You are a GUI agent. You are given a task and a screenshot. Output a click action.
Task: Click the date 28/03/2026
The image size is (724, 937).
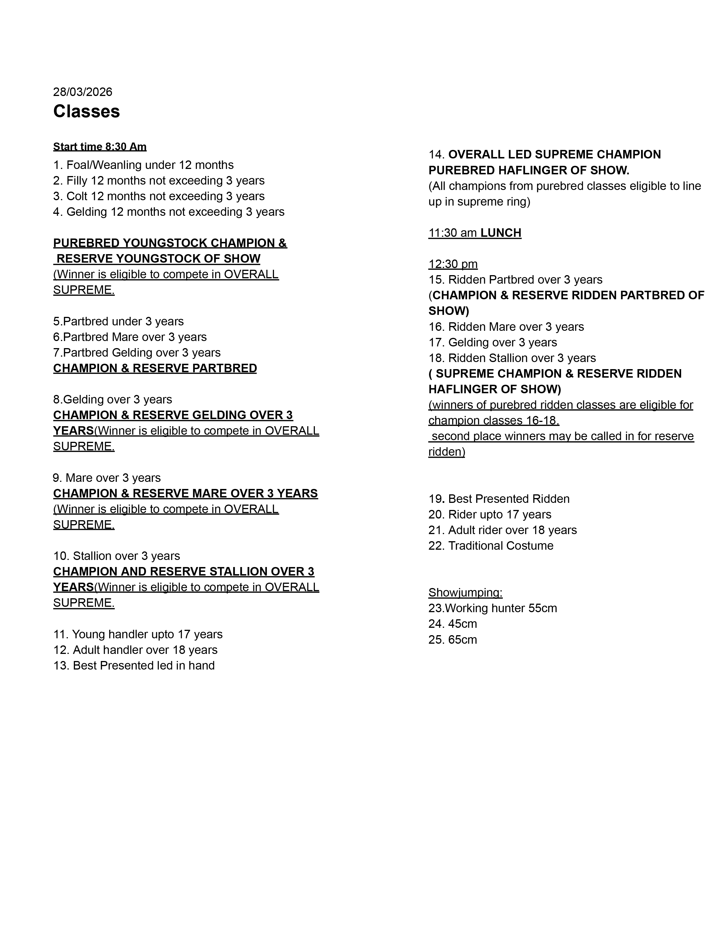pos(83,92)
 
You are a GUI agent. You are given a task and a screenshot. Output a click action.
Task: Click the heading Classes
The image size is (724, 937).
pos(86,112)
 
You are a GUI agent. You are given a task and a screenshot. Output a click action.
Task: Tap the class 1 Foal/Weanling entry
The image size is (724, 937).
pos(143,165)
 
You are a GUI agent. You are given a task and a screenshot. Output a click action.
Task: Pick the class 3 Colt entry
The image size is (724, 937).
pos(159,196)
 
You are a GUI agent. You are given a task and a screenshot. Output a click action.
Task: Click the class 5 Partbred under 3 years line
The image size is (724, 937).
pos(118,321)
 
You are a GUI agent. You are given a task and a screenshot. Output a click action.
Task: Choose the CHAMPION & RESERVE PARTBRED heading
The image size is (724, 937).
pos(155,368)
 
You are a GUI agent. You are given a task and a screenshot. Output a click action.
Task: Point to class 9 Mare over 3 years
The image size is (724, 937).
pos(107,478)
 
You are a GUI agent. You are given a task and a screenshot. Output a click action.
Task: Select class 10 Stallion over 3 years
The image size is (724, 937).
pos(117,556)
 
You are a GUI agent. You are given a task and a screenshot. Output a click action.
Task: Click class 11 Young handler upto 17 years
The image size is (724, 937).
pos(138,634)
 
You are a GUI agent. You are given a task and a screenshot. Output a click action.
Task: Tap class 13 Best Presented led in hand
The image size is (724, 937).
pos(134,666)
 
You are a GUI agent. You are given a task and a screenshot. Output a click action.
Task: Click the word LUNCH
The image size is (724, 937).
pos(501,233)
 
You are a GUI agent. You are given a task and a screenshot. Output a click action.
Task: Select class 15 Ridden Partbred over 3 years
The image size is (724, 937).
pos(515,280)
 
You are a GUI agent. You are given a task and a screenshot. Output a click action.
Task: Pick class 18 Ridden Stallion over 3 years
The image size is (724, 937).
pos(512,358)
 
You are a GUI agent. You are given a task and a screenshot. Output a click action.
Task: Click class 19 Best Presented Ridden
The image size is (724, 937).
pos(499,499)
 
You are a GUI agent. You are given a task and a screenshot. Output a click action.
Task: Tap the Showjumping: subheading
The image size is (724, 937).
pos(465,593)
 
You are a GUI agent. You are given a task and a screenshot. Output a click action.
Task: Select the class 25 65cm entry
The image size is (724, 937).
pos(453,640)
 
